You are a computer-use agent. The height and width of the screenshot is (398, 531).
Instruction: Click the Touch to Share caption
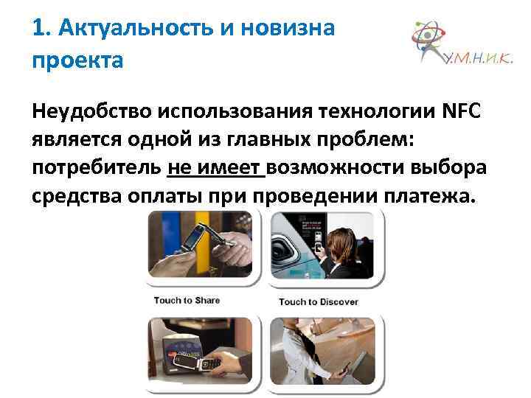187,300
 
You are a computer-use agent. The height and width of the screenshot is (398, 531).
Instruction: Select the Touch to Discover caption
318,301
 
